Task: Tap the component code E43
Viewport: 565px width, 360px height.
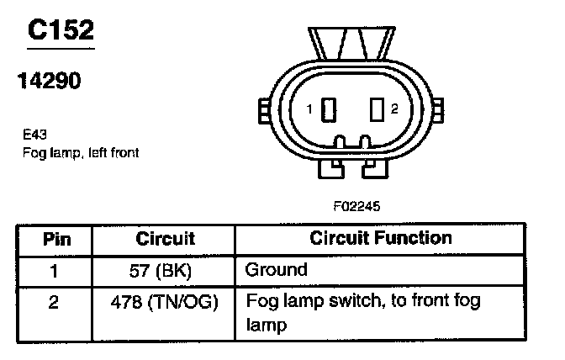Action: point(34,133)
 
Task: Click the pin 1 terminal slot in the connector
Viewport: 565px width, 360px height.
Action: point(330,109)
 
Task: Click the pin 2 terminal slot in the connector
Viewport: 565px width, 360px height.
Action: point(377,109)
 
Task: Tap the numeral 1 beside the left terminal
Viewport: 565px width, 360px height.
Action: point(310,109)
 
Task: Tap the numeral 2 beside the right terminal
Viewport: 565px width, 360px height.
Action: point(394,109)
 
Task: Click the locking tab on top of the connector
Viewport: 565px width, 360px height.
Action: point(352,43)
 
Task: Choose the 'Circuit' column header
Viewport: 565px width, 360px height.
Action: point(165,239)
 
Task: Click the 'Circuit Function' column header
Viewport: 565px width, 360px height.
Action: point(380,239)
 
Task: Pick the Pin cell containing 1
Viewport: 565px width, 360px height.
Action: point(54,270)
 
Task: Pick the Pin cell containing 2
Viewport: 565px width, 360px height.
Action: point(54,301)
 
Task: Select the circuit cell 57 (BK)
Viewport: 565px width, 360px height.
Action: point(166,270)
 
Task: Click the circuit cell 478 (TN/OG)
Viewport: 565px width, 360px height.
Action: point(166,301)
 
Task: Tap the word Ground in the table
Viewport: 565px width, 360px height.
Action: point(276,270)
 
